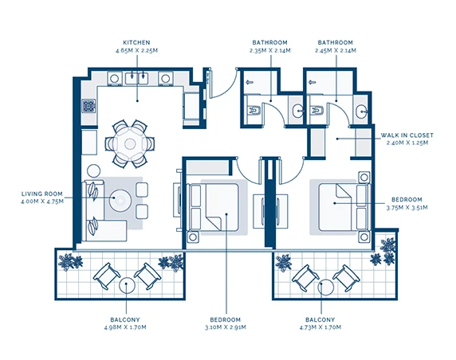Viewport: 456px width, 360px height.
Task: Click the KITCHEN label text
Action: coord(136,42)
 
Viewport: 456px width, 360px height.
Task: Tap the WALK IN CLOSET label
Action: coord(407,135)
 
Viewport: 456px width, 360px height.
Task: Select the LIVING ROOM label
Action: coord(42,194)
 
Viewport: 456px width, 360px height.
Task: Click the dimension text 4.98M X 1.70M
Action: coord(125,327)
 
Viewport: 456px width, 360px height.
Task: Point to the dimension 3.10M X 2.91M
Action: coord(226,327)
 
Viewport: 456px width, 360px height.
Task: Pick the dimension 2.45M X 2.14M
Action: coord(336,50)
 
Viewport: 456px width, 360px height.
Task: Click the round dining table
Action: coord(130,143)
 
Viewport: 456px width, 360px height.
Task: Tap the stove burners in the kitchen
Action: coord(88,106)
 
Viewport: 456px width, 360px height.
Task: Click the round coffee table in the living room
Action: coord(120,200)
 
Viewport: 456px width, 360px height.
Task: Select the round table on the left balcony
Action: coord(127,285)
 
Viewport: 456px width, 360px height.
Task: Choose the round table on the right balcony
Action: coord(326,287)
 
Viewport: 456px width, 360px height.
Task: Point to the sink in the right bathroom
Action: coord(362,112)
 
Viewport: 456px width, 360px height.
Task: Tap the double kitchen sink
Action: coord(136,78)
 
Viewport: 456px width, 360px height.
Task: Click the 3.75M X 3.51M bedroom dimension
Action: coord(407,208)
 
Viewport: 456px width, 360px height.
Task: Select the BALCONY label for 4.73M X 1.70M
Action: coord(320,319)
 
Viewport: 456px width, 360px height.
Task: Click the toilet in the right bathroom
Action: coord(316,111)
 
